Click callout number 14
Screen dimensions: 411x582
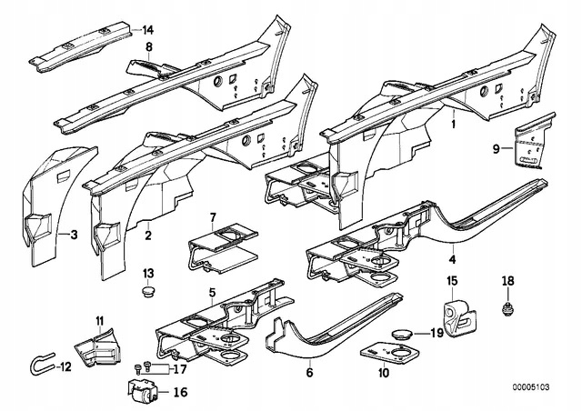(x=149, y=30)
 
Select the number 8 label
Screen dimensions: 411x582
(x=149, y=45)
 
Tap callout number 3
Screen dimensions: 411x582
(x=75, y=236)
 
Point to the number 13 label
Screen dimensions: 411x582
(x=148, y=274)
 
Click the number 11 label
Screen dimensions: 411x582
(x=100, y=318)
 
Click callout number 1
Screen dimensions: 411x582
(x=454, y=120)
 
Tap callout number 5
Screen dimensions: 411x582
(x=212, y=292)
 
